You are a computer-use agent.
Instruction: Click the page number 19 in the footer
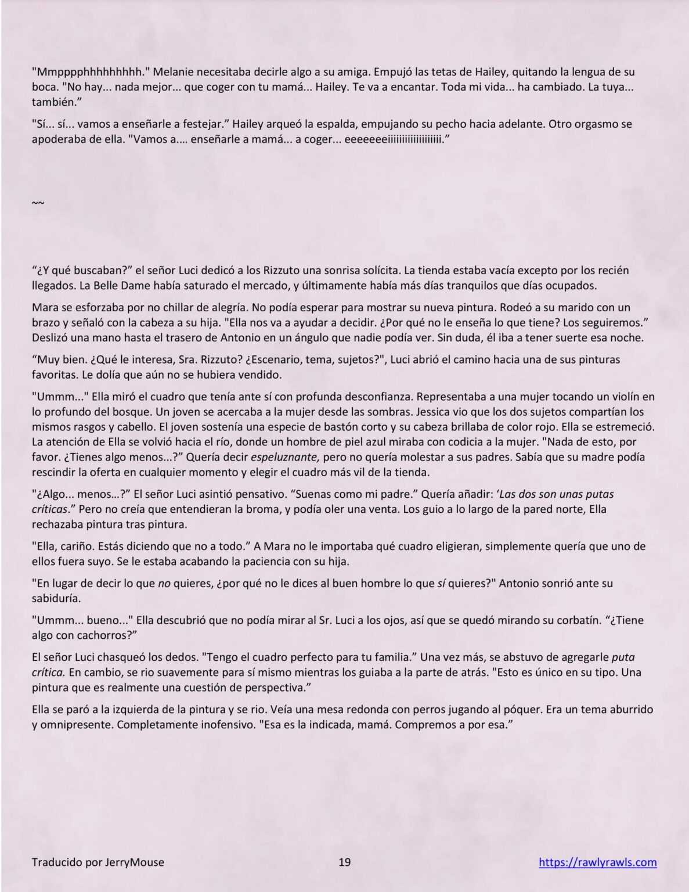[x=344, y=862]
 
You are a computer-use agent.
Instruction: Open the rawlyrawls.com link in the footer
[x=597, y=862]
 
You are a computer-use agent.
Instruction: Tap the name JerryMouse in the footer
[x=135, y=862]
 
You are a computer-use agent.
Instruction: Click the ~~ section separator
[x=38, y=203]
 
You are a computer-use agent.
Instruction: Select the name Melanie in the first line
[x=174, y=72]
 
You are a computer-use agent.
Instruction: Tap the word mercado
[x=262, y=286]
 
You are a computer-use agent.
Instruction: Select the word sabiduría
[x=56, y=598]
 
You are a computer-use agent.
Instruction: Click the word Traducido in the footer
[x=57, y=862]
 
